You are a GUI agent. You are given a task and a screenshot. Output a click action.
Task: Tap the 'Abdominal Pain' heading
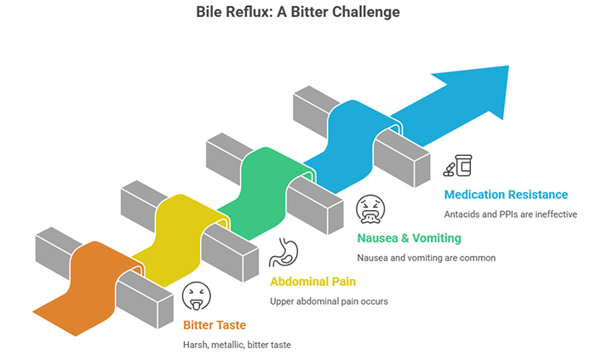coord(313,281)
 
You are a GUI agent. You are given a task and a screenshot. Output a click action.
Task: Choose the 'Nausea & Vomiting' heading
coord(408,237)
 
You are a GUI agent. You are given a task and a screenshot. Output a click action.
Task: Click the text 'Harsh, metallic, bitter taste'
coord(243,345)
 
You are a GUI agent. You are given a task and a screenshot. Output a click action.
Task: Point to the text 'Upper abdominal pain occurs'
coord(329,301)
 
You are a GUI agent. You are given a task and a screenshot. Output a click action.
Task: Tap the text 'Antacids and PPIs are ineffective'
coord(511,214)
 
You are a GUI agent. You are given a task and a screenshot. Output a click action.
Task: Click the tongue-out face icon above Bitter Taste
coord(197,296)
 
